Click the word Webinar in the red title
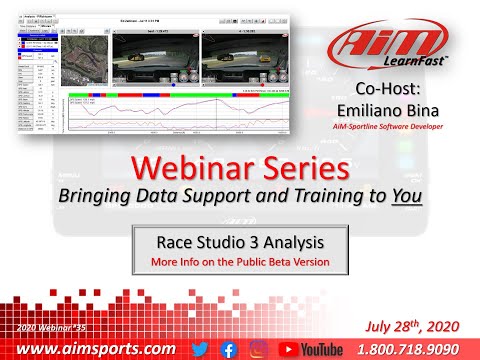coord(197,166)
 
